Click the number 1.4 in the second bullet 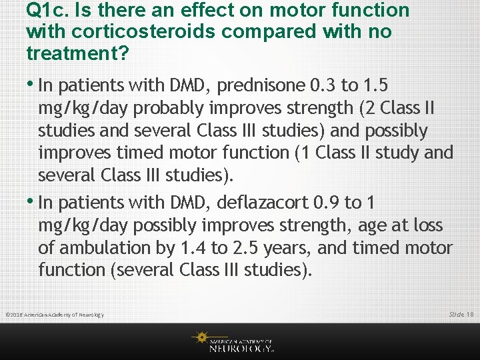click(x=189, y=248)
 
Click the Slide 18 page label click(x=461, y=313)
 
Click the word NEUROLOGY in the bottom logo click(x=241, y=347)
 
